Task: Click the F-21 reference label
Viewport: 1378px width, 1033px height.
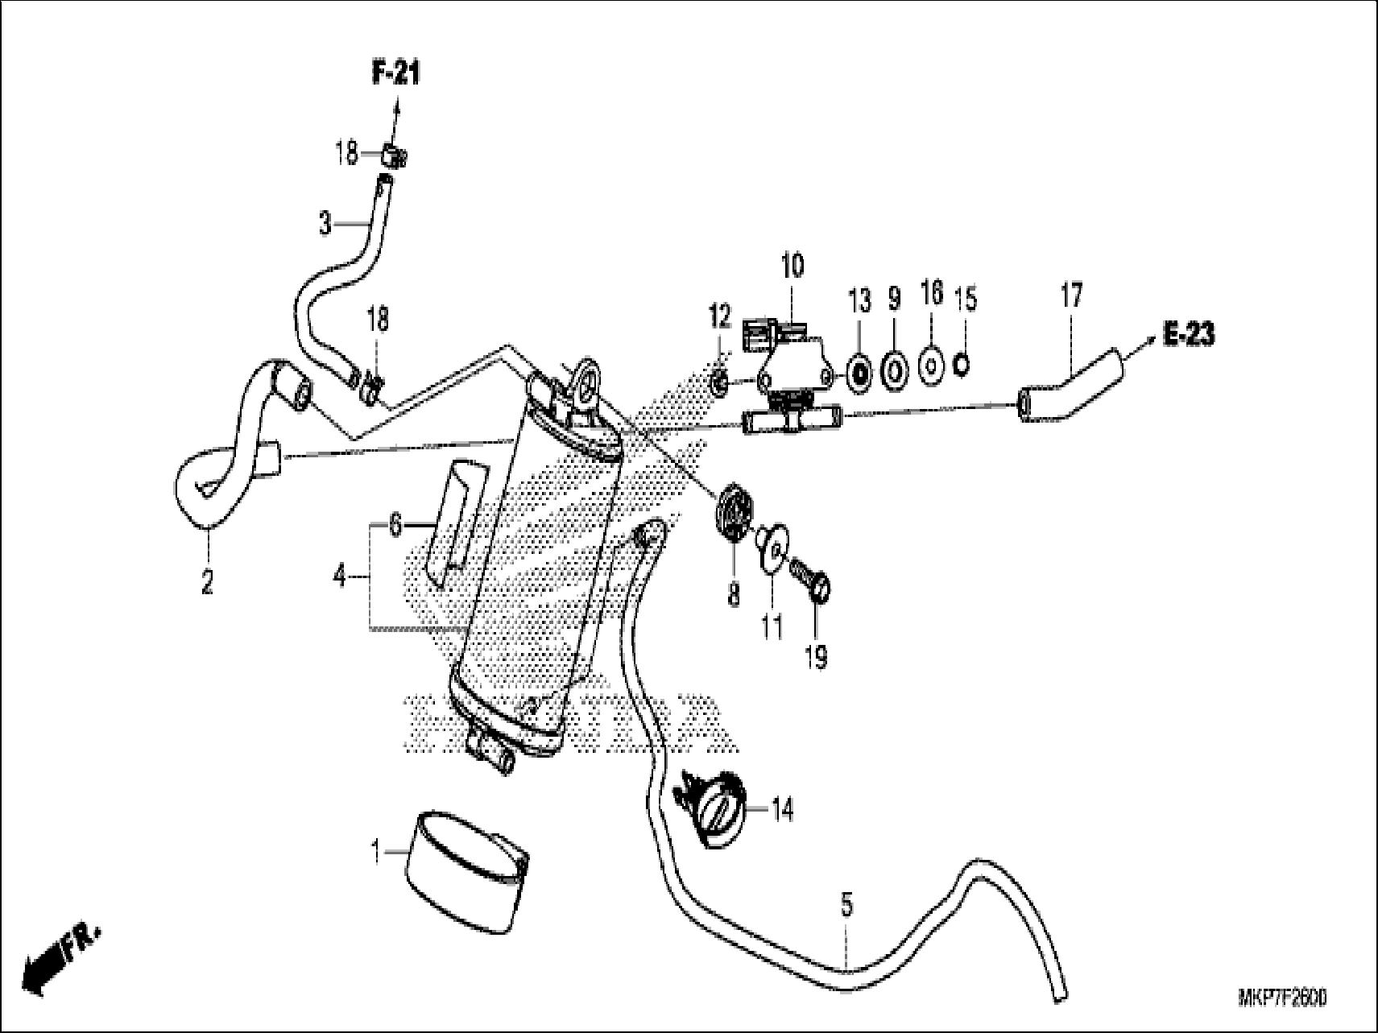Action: tap(395, 74)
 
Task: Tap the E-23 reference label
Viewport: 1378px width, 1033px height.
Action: tap(1188, 334)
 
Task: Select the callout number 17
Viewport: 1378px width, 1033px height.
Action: tap(1070, 295)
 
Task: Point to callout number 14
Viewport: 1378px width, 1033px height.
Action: tap(781, 809)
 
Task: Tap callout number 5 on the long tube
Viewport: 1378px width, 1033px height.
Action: tap(846, 905)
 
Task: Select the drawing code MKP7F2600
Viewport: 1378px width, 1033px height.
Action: tap(1281, 999)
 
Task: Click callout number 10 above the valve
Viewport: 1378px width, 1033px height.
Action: tap(792, 265)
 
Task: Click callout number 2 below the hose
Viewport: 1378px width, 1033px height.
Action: tap(207, 581)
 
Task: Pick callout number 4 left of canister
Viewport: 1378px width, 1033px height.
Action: tap(340, 576)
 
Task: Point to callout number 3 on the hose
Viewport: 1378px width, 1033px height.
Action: tap(325, 223)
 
